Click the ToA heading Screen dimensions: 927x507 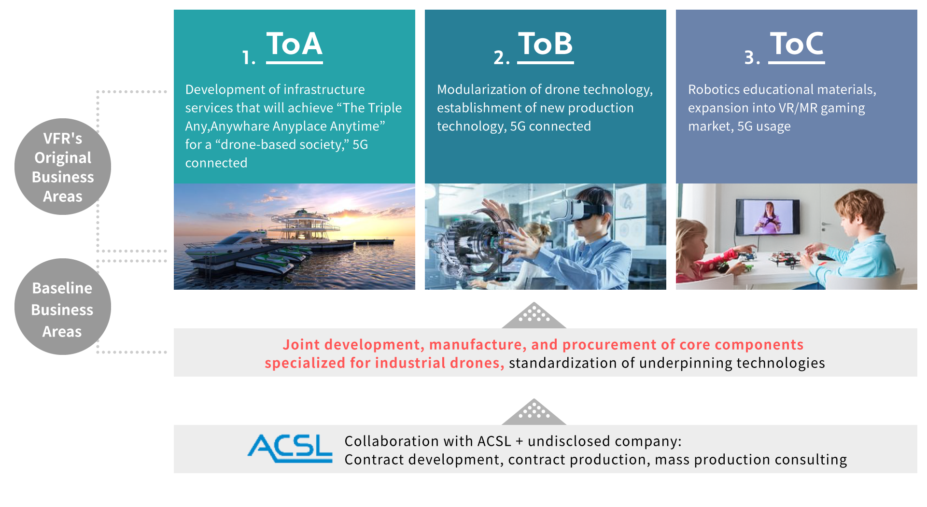[294, 44]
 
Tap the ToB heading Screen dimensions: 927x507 [545, 44]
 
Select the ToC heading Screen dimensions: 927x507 [797, 44]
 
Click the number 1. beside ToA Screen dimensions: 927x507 [249, 57]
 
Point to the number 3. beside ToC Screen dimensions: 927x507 [752, 57]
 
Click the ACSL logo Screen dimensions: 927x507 [290, 449]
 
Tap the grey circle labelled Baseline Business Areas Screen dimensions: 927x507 [63, 307]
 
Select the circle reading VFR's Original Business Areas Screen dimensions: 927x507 [63, 167]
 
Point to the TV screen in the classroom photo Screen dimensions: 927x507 [768, 217]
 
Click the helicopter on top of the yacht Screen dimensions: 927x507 [302, 211]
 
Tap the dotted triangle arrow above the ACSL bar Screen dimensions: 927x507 [534, 412]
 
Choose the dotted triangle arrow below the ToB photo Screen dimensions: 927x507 [534, 315]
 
